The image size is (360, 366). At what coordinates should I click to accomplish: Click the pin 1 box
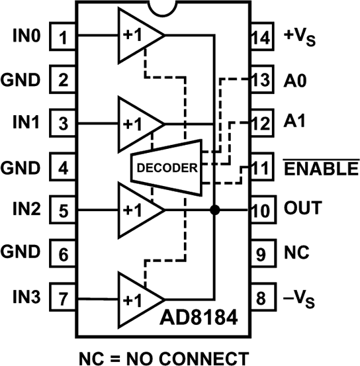click(62, 36)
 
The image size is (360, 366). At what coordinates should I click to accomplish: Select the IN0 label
click(26, 36)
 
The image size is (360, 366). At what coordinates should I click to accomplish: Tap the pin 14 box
click(262, 36)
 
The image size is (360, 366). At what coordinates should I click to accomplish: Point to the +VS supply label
click(300, 37)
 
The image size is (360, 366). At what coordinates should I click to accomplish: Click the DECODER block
click(167, 167)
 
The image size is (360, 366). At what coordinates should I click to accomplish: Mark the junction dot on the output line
click(215, 210)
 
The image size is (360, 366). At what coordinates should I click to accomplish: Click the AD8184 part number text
click(199, 317)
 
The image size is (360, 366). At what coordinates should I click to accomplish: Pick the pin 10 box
click(263, 210)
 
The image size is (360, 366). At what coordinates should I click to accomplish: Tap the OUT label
click(303, 208)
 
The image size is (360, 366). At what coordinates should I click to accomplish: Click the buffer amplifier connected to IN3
click(141, 299)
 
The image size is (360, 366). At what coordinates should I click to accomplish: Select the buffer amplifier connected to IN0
click(141, 35)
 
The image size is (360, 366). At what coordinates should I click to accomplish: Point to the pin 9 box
click(263, 253)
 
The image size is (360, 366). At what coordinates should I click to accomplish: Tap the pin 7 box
click(62, 297)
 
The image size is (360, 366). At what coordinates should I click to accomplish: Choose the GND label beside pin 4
click(21, 167)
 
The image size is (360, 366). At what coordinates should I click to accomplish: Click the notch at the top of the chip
click(163, 9)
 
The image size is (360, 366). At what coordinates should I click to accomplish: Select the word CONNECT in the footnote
click(204, 358)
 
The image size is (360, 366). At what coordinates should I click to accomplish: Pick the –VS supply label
click(299, 298)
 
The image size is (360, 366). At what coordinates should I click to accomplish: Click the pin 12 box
click(262, 123)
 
